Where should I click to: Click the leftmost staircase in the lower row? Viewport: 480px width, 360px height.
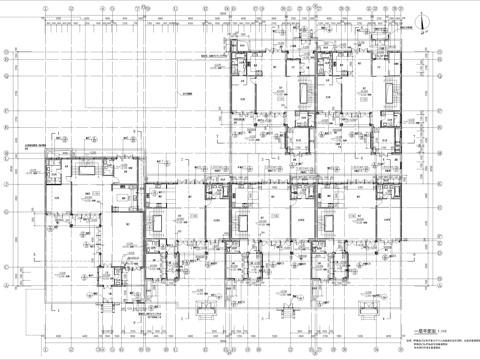[x=156, y=222]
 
